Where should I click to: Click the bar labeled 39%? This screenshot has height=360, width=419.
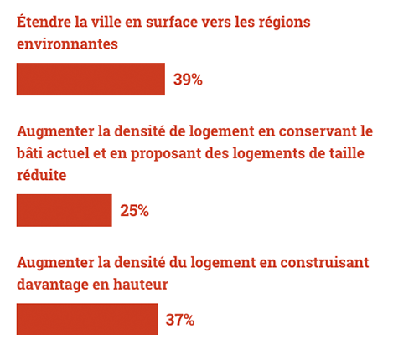point(91,80)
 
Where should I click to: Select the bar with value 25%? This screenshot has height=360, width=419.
point(65,210)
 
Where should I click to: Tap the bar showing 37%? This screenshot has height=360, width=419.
point(87,319)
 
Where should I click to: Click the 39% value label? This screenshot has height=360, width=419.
point(188,80)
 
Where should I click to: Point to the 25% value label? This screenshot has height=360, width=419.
point(134,210)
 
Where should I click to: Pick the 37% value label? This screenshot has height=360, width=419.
point(180,320)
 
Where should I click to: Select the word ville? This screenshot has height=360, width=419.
point(105,22)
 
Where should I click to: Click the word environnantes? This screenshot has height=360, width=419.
point(67,44)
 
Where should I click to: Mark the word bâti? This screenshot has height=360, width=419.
point(30,153)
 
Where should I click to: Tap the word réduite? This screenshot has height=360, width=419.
point(42,175)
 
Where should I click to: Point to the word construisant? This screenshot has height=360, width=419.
point(324,263)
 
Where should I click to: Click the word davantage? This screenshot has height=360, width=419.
point(53,285)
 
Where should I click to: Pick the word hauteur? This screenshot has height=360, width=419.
point(141,285)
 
